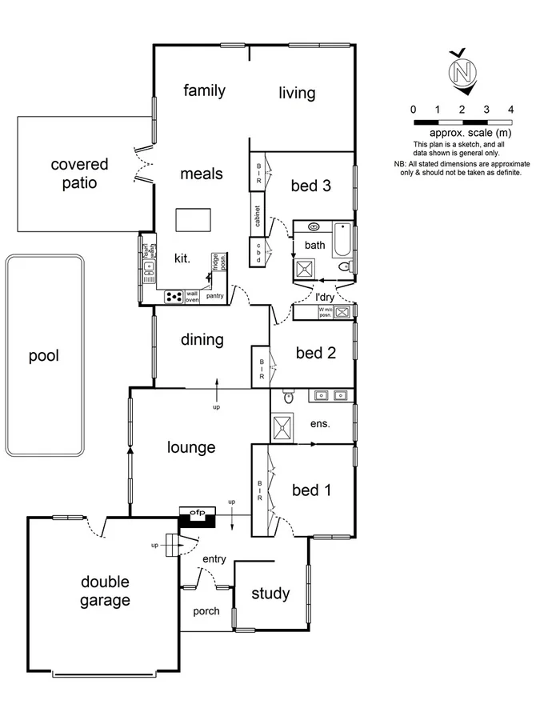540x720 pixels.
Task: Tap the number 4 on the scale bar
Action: [510, 109]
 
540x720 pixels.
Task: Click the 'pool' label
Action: [44, 356]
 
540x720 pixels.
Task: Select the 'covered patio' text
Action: [79, 174]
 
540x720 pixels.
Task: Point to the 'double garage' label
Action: [104, 591]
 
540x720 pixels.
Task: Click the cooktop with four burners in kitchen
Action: [174, 297]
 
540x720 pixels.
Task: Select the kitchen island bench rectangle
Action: [194, 219]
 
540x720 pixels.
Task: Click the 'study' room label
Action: [270, 594]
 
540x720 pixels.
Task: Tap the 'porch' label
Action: [206, 611]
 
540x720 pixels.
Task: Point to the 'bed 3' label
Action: [310, 186]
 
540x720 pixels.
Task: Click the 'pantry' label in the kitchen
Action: [214, 296]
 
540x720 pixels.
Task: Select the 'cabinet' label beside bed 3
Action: [258, 218]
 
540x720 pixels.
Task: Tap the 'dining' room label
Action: [202, 340]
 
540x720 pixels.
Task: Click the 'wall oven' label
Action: [192, 297]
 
